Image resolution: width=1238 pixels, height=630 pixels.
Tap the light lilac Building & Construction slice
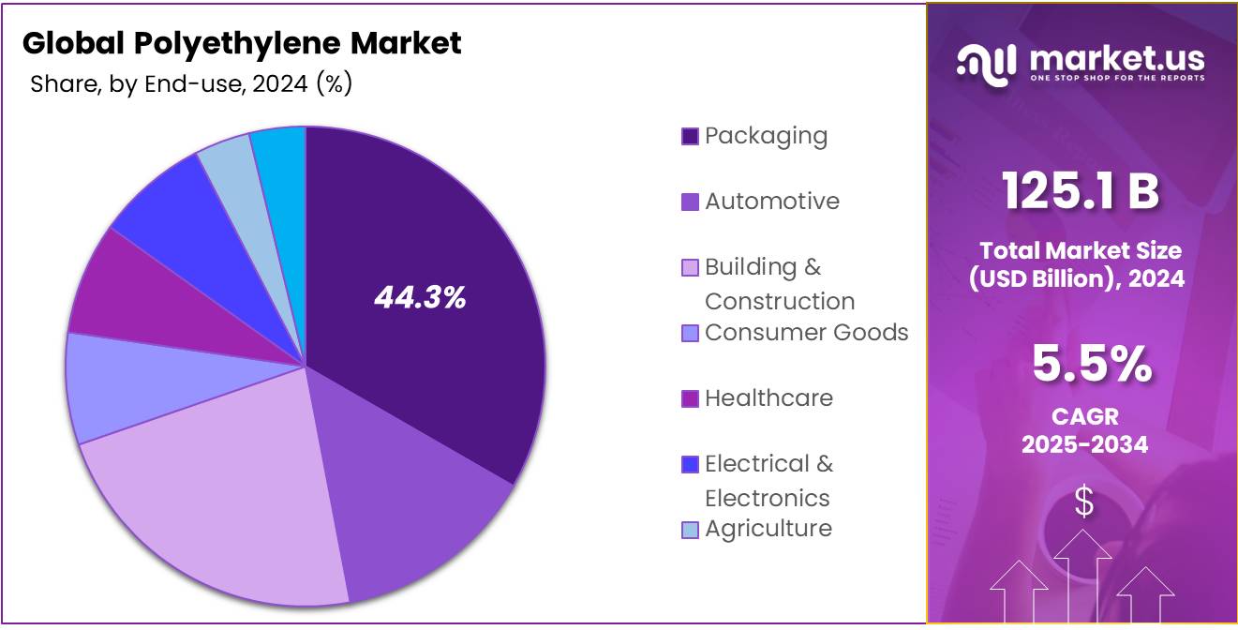point(225,506)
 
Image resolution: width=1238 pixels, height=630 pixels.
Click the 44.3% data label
point(420,298)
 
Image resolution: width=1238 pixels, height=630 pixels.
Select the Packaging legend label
point(766,136)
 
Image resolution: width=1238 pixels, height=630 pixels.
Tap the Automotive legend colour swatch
point(690,202)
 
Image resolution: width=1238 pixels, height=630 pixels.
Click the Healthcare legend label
point(768,398)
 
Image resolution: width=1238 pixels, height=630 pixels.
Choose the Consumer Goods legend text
point(806,333)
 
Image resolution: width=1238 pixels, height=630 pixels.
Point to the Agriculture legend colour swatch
point(690,530)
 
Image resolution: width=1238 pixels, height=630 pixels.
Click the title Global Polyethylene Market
point(242,43)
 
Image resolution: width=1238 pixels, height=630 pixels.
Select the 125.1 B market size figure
point(1081,191)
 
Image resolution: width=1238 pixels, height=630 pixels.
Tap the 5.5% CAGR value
point(1092,365)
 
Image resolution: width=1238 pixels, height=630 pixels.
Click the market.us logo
point(1081,63)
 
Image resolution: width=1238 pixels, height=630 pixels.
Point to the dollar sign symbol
point(1083,502)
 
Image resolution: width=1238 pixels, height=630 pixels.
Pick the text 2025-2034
point(1084,444)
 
